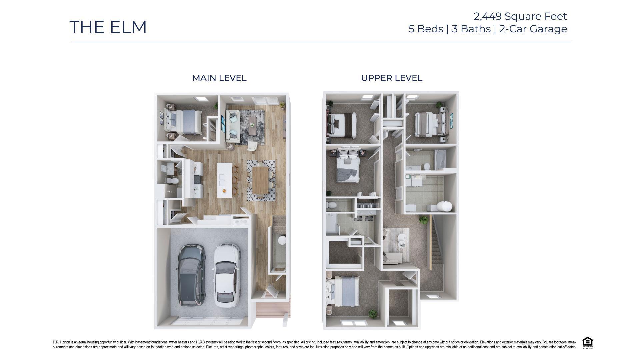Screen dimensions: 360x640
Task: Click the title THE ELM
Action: tap(108, 27)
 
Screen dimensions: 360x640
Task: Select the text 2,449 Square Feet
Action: tap(520, 16)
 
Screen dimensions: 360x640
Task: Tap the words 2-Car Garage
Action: tap(533, 29)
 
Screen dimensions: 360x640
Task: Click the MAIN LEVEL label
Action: tap(219, 78)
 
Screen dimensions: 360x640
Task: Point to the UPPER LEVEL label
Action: tap(391, 78)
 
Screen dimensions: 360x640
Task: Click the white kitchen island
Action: tap(224, 180)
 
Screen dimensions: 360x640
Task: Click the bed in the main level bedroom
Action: tap(183, 122)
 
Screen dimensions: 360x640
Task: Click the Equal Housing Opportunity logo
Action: tap(587, 343)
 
